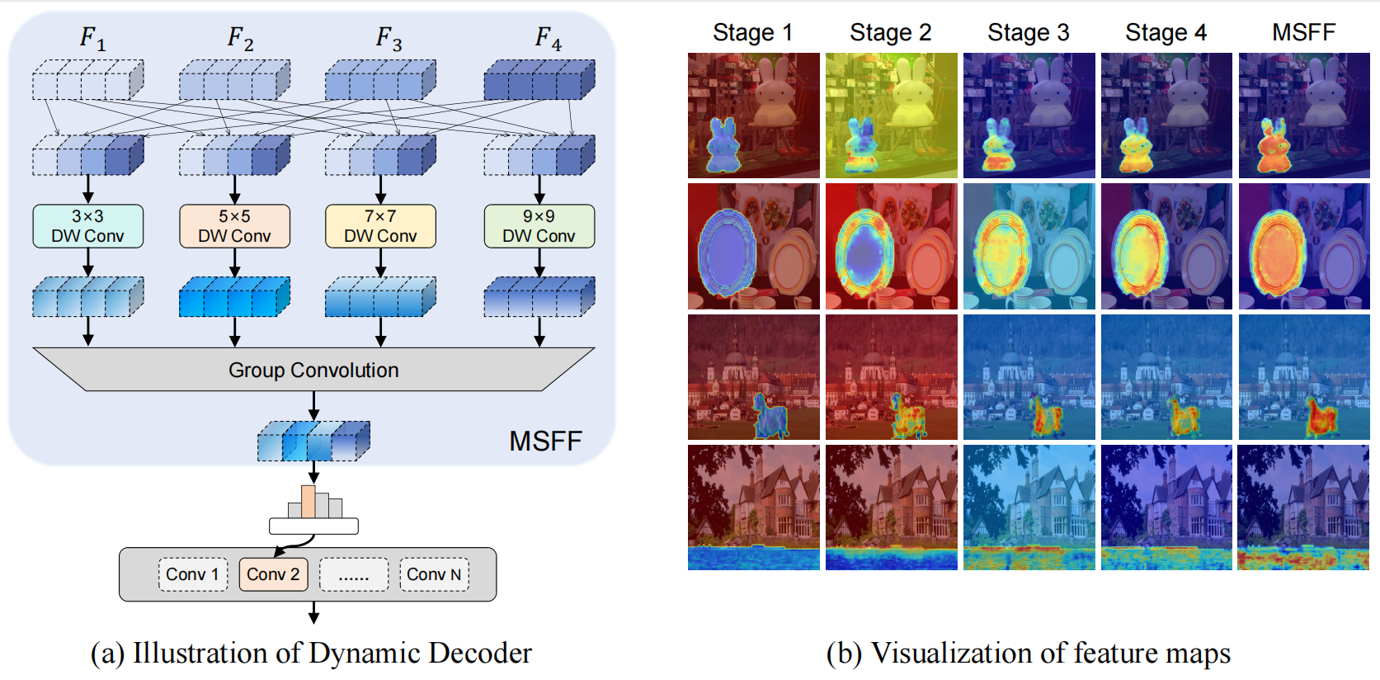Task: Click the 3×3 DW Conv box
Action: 87,226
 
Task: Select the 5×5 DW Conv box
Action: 234,226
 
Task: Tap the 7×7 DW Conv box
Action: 380,226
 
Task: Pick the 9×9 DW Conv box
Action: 539,226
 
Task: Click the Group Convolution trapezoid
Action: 313,370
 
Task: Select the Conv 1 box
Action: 192,574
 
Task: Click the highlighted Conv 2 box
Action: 273,574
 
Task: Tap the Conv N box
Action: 434,574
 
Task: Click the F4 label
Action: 548,38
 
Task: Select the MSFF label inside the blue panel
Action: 545,442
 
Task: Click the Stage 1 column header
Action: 752,32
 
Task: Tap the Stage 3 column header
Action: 1028,32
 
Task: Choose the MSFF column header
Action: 1303,32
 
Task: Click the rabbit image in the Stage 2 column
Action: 891,116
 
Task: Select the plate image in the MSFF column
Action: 1303,246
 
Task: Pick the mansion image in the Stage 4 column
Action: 1166,508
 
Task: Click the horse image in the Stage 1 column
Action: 753,377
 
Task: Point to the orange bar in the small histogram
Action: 308,502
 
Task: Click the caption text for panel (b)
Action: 1028,653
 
